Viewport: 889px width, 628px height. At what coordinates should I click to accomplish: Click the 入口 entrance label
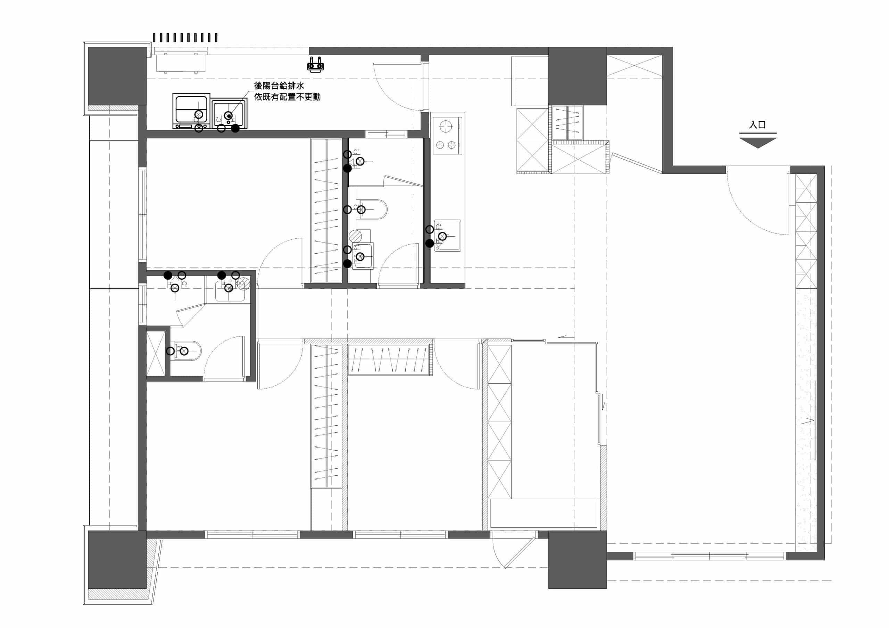757,125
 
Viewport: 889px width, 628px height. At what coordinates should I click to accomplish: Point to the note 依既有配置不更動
287,97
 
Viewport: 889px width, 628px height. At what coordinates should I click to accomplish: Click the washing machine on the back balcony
191,111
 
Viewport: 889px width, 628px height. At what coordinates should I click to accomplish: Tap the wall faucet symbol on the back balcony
316,65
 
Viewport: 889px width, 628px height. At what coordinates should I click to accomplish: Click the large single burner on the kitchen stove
446,127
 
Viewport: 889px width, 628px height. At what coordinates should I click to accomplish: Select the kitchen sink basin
448,236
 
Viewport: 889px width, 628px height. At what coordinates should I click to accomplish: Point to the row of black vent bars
185,37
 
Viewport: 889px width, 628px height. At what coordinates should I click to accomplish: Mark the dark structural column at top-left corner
117,76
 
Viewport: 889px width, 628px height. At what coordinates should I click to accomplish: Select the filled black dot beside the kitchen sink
430,243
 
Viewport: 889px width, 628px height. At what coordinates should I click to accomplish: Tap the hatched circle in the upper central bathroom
356,235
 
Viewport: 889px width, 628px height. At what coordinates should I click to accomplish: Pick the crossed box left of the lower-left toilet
156,354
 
